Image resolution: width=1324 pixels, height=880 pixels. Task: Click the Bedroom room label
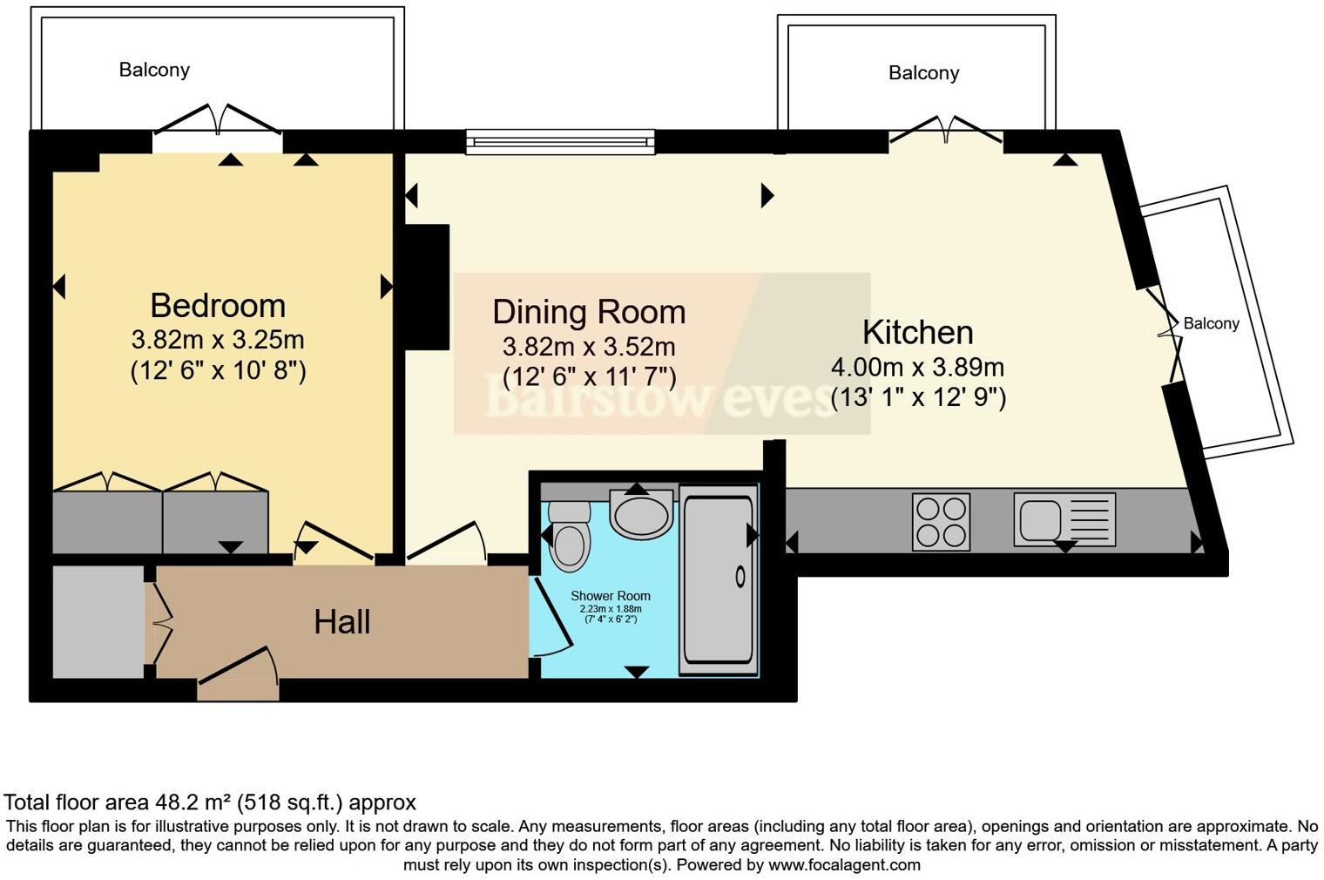[x=218, y=306]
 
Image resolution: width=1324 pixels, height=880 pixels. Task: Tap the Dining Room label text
[x=589, y=312]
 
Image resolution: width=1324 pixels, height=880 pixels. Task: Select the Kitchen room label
[x=917, y=332]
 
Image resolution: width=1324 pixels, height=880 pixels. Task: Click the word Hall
[x=342, y=622]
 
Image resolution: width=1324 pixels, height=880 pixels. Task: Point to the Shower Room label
[x=610, y=596]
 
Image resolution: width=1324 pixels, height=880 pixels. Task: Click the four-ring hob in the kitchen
[x=941, y=522]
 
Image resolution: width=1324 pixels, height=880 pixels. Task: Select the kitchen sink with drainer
[x=1064, y=520]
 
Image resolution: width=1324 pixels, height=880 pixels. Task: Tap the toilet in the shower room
[x=570, y=536]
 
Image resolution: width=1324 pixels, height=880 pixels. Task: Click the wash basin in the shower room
[x=642, y=514]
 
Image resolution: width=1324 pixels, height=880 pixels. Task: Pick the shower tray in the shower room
[x=719, y=579]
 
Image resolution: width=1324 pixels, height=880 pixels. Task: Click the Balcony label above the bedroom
[x=154, y=70]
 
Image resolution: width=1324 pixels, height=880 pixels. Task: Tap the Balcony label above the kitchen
[x=923, y=73]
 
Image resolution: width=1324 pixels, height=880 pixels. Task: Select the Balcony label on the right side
[x=1211, y=323]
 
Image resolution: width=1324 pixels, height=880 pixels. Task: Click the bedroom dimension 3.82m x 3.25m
[x=218, y=339]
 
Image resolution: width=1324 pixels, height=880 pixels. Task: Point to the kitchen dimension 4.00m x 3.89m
[x=917, y=366]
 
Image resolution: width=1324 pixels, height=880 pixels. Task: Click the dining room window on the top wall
[x=559, y=141]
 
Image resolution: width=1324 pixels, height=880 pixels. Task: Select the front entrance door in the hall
[x=238, y=675]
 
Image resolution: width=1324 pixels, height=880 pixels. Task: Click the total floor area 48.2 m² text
[x=210, y=802]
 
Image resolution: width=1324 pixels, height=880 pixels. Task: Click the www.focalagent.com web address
[x=844, y=865]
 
